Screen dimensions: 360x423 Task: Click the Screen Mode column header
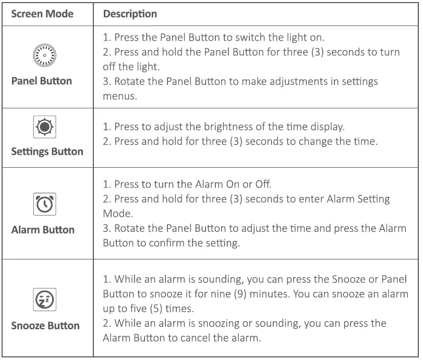(42, 14)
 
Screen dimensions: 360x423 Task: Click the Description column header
(130, 14)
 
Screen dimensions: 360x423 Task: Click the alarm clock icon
(44, 205)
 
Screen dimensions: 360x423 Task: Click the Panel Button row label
(42, 81)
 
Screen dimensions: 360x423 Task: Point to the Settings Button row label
(47, 152)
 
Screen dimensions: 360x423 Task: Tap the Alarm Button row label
(43, 230)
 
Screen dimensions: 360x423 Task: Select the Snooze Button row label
(45, 326)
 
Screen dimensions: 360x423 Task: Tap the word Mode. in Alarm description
(115, 214)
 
